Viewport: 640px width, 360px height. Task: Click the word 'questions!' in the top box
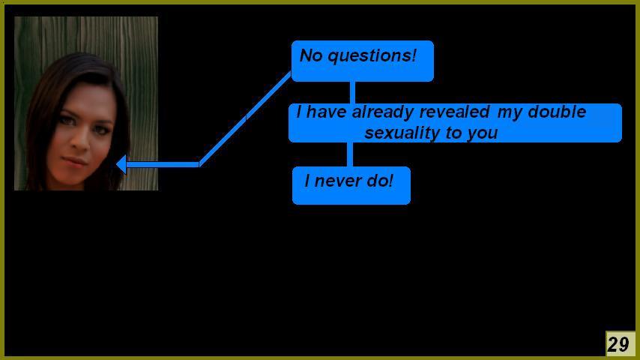(x=372, y=56)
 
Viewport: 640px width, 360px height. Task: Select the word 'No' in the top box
(x=311, y=55)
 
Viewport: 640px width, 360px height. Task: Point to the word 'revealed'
(x=454, y=112)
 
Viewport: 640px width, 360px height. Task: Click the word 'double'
(x=557, y=112)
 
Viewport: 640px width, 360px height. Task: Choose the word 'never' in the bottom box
(x=338, y=181)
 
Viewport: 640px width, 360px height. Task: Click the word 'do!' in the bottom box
(x=380, y=181)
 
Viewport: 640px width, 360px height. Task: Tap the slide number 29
(x=619, y=344)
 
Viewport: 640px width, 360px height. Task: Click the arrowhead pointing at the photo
(x=121, y=164)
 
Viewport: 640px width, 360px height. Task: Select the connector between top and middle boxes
(x=352, y=92)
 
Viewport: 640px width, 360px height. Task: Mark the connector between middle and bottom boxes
(x=350, y=154)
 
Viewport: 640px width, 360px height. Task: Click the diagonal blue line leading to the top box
(x=245, y=118)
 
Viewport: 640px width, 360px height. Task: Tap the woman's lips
(x=74, y=160)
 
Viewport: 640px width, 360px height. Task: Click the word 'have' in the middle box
(x=326, y=112)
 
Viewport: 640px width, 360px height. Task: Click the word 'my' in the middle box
(x=510, y=113)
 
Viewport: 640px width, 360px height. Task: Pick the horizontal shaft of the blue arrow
(x=163, y=165)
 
